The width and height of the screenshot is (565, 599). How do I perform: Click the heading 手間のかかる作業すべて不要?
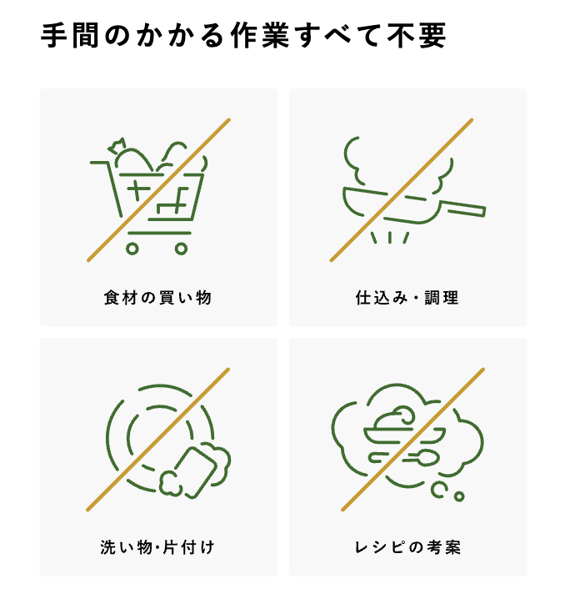pos(243,36)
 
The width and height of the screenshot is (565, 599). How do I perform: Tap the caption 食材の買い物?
pos(158,298)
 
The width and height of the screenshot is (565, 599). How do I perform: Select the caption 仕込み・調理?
pos(407,298)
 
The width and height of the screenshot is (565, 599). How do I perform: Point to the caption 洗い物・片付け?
pos(158,547)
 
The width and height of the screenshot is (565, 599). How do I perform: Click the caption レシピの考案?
pos(407,547)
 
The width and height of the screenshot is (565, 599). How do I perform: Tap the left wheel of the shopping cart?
pos(132,249)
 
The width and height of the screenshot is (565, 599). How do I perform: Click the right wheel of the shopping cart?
pos(181,249)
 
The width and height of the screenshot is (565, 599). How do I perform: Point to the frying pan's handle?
pos(463,209)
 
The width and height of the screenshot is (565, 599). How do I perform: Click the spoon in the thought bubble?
pos(420,458)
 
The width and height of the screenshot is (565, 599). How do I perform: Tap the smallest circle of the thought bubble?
pos(459,496)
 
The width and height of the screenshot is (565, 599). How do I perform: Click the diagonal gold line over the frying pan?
pos(402,190)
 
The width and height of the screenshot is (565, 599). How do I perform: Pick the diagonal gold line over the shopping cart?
pos(158,190)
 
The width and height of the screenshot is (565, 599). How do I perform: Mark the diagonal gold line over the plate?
pos(158,440)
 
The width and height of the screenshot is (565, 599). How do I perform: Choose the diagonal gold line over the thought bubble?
pos(412,440)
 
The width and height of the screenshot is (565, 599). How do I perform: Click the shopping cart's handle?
pos(100,163)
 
